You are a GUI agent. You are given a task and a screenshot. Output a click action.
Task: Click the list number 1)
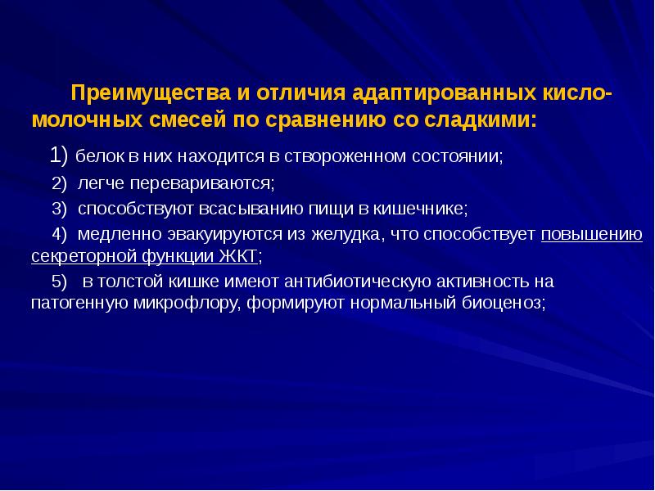click(x=61, y=155)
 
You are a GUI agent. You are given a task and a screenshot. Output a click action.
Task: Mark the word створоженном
click(x=340, y=156)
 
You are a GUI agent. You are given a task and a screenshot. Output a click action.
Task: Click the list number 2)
click(x=60, y=182)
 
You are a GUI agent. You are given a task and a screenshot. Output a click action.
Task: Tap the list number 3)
click(x=60, y=209)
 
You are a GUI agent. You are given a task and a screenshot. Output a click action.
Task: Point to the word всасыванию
click(x=249, y=209)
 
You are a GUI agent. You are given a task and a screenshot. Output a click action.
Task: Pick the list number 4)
click(x=60, y=236)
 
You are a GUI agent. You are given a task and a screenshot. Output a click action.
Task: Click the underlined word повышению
click(x=591, y=236)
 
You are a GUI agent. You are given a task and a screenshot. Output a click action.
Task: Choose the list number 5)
click(x=60, y=282)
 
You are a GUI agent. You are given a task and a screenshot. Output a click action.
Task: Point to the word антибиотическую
click(x=351, y=282)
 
